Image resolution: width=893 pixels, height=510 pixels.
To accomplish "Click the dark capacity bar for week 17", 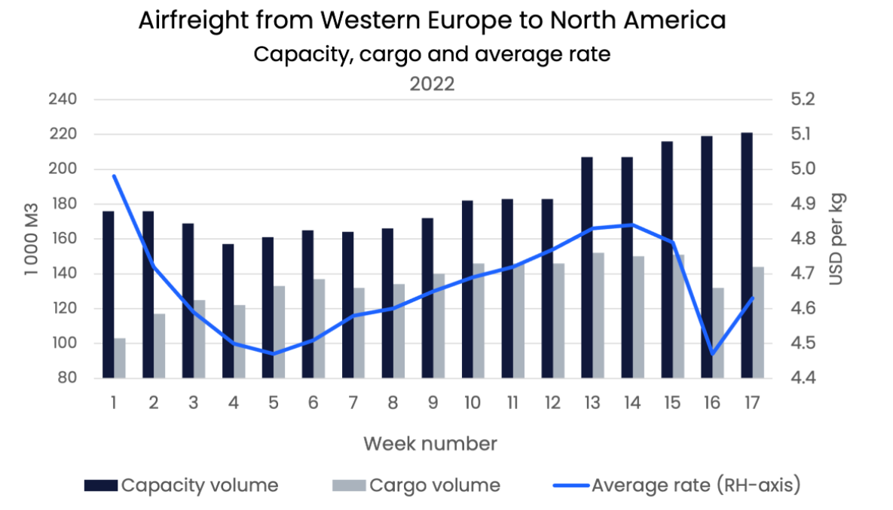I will click(747, 255).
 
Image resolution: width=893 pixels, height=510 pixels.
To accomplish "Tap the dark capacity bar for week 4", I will click(228, 311).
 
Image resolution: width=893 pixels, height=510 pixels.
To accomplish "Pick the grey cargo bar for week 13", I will click(598, 316).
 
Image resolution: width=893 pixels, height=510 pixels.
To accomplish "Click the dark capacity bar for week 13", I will click(587, 267).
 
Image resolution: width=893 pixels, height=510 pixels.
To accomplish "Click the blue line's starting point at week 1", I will click(114, 176).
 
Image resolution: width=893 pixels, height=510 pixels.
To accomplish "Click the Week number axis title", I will click(430, 444).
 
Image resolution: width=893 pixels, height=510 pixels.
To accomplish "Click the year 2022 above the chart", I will click(432, 84).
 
